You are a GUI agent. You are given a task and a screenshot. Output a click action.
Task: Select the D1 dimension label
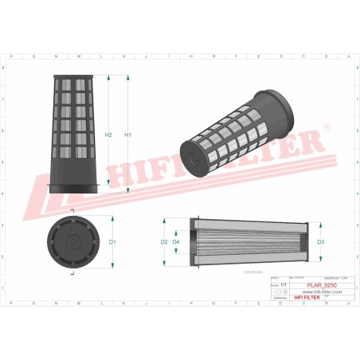tap(113, 241)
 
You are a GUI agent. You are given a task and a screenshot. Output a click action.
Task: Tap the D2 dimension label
tap(164, 241)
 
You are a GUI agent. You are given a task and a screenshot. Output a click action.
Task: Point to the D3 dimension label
tap(320, 241)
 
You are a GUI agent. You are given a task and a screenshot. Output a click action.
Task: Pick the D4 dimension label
tap(176, 241)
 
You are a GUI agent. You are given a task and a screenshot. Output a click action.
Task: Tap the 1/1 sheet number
tap(274, 284)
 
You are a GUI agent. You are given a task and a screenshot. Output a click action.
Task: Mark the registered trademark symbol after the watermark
tap(327, 127)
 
